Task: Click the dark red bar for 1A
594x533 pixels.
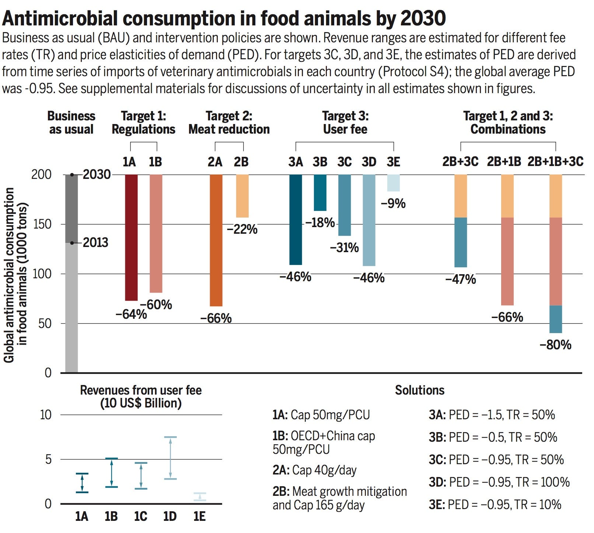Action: coord(131,237)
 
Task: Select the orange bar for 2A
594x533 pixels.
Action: coord(216,240)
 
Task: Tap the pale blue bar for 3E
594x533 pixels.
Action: coord(393,183)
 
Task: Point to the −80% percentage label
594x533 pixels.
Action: coord(555,345)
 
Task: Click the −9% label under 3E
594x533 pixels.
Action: coord(393,204)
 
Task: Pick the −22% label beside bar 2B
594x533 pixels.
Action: coord(242,229)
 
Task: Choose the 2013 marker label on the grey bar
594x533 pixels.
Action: coord(95,243)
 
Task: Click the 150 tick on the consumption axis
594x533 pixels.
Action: coord(42,224)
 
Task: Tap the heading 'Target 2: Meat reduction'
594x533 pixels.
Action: coord(229,123)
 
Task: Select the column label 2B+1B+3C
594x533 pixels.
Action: coord(555,162)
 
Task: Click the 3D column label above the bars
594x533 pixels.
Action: coord(369,162)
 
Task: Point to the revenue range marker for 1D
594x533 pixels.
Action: coord(170,458)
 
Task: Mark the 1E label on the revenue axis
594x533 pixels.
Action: coord(199,516)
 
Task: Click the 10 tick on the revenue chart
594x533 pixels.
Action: coord(46,415)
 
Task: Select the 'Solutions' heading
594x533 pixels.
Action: coord(419,390)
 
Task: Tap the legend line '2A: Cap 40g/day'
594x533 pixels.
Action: coord(314,470)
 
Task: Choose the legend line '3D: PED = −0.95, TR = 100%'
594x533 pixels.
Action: coord(499,482)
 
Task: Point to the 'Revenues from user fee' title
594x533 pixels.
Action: coord(141,390)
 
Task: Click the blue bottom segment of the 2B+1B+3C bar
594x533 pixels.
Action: coord(555,319)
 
